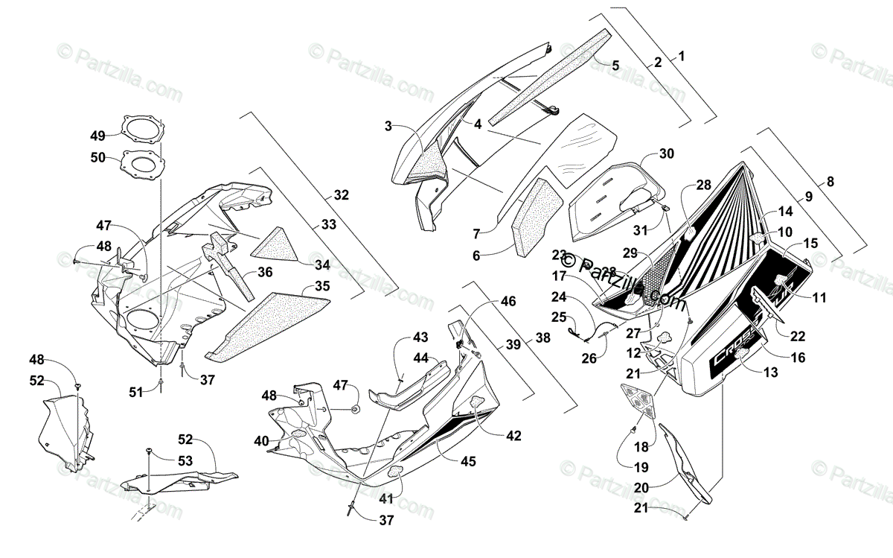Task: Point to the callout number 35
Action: (x=322, y=285)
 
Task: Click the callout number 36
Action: (x=266, y=273)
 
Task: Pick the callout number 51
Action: (x=135, y=393)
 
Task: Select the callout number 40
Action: (x=260, y=440)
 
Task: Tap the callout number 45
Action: (x=467, y=461)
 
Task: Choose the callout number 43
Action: (x=421, y=337)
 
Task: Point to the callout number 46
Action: (x=508, y=302)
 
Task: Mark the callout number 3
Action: (x=388, y=126)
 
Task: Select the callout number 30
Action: (x=666, y=153)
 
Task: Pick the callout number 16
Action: (x=798, y=358)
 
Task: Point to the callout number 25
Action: (x=558, y=316)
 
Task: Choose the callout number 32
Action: (x=341, y=195)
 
